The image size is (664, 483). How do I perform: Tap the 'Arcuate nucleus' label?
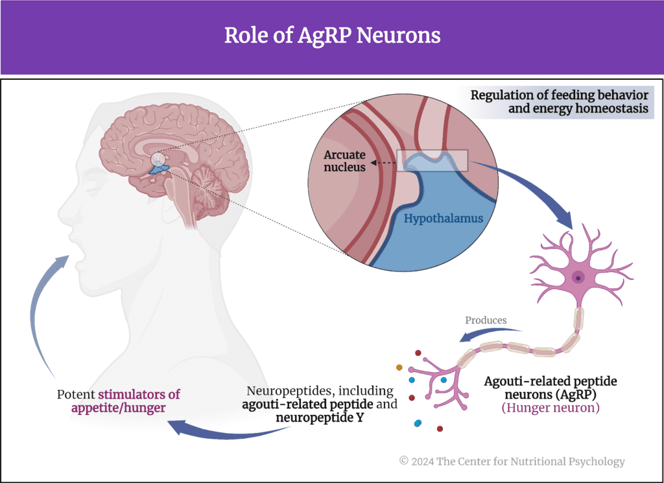click(x=344, y=161)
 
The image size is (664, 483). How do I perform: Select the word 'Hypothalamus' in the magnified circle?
click(x=443, y=218)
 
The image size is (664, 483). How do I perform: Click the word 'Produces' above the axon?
click(x=486, y=320)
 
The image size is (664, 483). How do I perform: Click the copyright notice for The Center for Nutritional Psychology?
click(x=512, y=462)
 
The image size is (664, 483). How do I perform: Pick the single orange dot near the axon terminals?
click(x=399, y=368)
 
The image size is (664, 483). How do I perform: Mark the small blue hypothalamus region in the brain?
click(x=159, y=170)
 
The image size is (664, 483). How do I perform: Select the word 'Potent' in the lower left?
click(x=76, y=394)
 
